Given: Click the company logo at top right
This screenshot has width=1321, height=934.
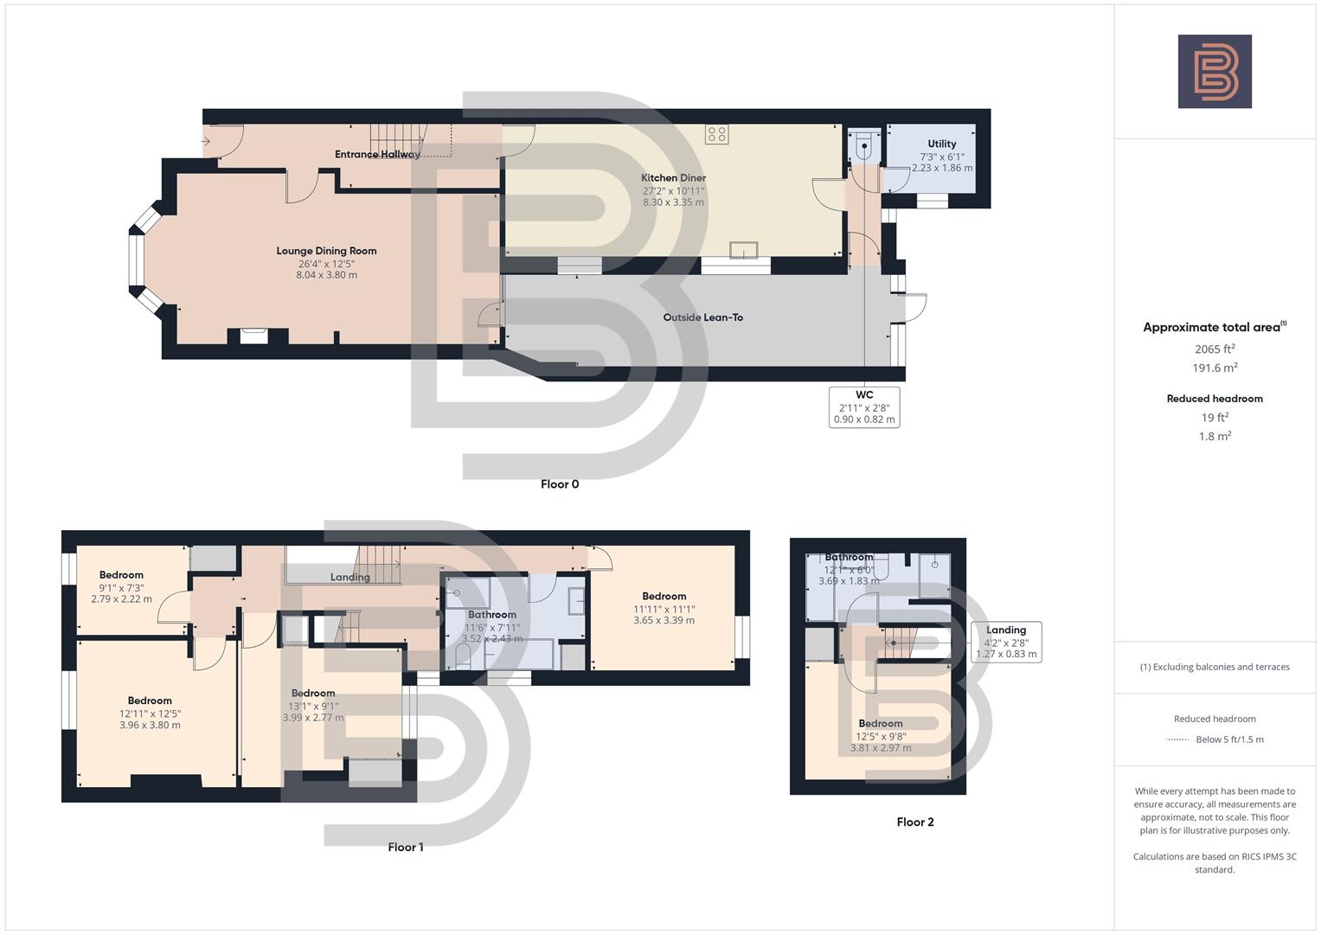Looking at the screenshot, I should [x=1214, y=71].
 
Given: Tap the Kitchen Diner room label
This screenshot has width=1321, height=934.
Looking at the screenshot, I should [x=673, y=177].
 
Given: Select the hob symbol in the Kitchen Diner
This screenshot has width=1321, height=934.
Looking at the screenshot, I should [x=716, y=133].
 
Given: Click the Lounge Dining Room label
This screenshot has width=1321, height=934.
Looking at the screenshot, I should [x=326, y=251].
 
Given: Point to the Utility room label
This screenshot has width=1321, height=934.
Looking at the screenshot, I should [x=941, y=144].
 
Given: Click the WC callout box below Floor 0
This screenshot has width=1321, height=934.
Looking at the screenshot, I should [x=863, y=406].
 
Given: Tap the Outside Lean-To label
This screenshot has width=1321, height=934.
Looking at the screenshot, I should [x=702, y=317].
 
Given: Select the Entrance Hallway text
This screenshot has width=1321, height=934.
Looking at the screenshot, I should [x=377, y=154].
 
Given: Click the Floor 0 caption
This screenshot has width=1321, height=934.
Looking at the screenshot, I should [x=559, y=484].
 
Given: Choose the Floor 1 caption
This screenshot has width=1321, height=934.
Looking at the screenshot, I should [x=405, y=848].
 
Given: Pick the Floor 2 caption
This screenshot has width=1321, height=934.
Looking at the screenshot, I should [x=914, y=822].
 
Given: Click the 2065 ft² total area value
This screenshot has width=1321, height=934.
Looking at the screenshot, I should [x=1214, y=349].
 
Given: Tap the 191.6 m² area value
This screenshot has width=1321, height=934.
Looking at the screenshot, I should [x=1214, y=368].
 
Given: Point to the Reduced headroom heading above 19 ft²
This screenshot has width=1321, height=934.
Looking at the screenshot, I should [x=1214, y=399].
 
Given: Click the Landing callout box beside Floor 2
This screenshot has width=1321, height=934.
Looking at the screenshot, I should [x=1005, y=642].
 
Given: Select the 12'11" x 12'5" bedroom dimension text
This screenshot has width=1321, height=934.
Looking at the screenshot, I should [x=150, y=713].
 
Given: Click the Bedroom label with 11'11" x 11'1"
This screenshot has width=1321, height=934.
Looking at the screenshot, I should [x=664, y=596].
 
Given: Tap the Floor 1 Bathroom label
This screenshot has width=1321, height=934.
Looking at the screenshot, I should [x=491, y=615].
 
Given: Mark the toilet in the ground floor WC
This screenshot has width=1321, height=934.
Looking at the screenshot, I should [x=862, y=147].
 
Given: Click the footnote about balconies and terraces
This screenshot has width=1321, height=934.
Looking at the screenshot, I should [x=1214, y=667].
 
